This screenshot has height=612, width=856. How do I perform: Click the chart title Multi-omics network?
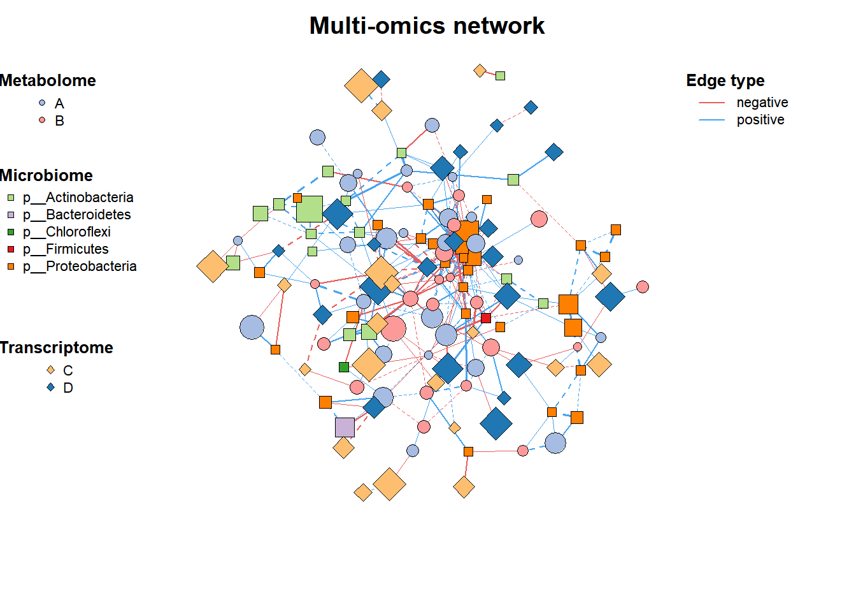(427, 26)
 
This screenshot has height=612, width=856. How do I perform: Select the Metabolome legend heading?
(48, 81)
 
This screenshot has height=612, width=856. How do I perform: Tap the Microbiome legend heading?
(46, 175)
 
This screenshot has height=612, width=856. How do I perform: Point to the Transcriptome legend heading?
(57, 347)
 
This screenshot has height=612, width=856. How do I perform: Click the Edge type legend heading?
(725, 81)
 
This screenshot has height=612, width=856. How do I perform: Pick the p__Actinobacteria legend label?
(78, 198)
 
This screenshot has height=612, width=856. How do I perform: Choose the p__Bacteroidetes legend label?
(77, 215)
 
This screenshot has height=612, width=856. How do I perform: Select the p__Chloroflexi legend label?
(67, 232)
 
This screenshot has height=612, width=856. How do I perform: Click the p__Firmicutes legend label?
(66, 249)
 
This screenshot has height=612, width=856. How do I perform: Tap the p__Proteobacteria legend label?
(80, 266)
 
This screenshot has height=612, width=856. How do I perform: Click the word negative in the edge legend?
(762, 103)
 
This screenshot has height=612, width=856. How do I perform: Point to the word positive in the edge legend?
(760, 120)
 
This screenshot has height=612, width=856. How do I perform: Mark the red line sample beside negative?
(711, 103)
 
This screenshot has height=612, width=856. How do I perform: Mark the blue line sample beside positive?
(711, 120)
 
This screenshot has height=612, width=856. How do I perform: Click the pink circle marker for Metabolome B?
(42, 120)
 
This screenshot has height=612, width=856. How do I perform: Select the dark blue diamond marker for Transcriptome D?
(50, 388)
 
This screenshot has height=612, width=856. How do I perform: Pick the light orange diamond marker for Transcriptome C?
(50, 370)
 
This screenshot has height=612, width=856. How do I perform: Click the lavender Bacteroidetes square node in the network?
(345, 427)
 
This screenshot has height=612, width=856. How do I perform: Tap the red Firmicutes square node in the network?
(486, 318)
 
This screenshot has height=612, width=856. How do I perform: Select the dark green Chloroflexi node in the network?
(343, 367)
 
